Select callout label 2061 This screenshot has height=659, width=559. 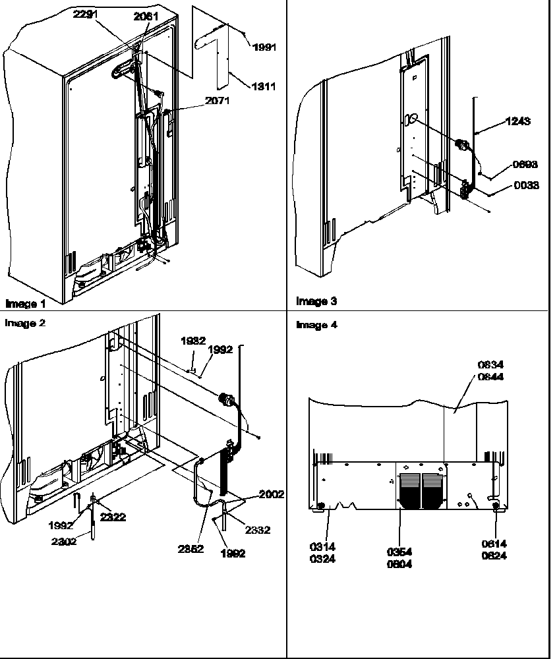(146, 17)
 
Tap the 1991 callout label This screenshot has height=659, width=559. (264, 47)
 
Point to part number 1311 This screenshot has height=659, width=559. (263, 86)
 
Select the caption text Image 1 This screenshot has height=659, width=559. (26, 304)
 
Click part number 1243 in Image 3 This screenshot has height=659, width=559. (518, 121)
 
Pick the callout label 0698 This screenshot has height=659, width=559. (525, 165)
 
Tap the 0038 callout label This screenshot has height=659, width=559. (526, 186)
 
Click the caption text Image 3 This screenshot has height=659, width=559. (316, 301)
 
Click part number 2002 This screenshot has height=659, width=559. (272, 494)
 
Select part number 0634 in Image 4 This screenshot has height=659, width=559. (491, 365)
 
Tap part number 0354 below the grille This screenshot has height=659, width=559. (400, 553)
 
